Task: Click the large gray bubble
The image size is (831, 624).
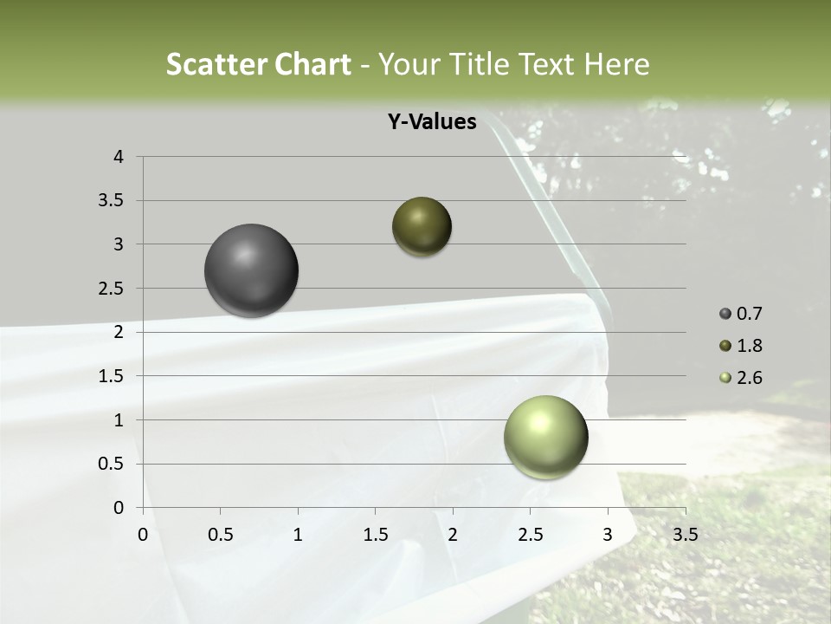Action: click(251, 270)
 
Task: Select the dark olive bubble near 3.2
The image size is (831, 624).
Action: click(422, 227)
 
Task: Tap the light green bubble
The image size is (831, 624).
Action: click(545, 437)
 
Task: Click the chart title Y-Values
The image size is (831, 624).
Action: click(431, 122)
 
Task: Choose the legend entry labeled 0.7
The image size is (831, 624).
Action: click(741, 314)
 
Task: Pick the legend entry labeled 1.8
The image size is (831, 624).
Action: click(741, 346)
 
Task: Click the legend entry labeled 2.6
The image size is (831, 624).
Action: click(741, 378)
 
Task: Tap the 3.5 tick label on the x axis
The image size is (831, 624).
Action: click(685, 535)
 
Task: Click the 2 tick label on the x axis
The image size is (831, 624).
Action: click(453, 535)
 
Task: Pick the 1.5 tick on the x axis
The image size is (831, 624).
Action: click(375, 535)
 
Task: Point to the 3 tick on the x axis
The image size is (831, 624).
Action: click(608, 535)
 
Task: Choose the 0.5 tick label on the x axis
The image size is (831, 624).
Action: click(220, 535)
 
